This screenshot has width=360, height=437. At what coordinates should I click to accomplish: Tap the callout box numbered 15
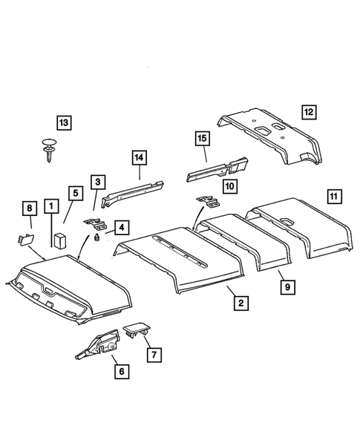click(x=203, y=138)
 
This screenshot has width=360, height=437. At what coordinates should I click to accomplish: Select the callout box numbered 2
click(x=239, y=302)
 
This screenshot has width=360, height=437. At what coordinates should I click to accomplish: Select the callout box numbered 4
click(x=119, y=227)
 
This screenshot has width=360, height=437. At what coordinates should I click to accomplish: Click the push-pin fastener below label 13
click(x=50, y=148)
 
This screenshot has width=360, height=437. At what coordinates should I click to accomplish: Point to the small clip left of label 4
click(x=97, y=237)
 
